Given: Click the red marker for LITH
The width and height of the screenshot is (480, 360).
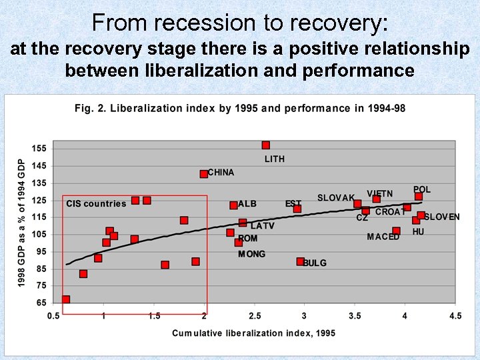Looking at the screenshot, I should click(266, 145).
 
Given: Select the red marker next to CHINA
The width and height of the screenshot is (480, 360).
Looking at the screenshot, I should click(204, 174).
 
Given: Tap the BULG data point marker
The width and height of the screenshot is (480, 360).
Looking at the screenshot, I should click(301, 262).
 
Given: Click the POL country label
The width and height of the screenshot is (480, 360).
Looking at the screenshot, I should click(422, 190).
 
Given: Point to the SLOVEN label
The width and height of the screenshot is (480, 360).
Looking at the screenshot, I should click(442, 217).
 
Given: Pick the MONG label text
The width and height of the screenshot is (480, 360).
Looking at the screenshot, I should click(251, 254).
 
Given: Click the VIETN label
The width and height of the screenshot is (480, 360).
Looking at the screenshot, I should click(379, 194).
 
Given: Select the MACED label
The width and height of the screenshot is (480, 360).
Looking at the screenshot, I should click(383, 237).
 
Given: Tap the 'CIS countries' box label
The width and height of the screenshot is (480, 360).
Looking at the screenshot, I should click(96, 204).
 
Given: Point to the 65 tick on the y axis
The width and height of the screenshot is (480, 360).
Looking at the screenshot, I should click(41, 303).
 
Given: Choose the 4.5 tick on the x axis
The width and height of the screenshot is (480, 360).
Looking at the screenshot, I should click(455, 315).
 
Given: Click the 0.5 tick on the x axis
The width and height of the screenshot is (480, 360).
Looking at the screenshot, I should click(53, 315).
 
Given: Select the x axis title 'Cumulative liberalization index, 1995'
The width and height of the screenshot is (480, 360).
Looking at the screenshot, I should click(253, 333).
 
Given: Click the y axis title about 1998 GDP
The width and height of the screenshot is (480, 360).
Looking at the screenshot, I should click(21, 223).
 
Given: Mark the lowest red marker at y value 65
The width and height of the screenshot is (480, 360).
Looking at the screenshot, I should click(66, 300).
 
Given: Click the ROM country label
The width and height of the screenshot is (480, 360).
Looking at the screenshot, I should click(247, 238).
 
